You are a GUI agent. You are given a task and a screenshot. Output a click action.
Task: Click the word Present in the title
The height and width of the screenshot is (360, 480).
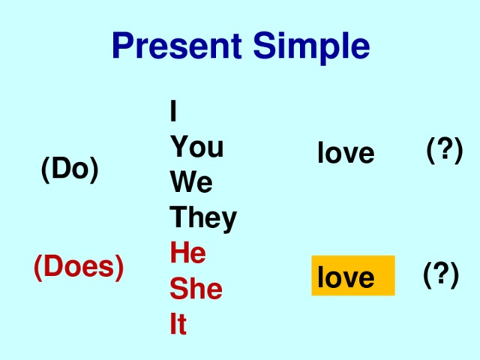(x=177, y=45)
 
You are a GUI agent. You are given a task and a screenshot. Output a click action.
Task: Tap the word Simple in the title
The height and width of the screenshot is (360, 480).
(x=312, y=48)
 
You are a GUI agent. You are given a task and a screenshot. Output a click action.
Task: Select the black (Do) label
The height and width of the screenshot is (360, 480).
(x=70, y=169)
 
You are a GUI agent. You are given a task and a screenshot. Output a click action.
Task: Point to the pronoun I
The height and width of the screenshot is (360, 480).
(x=173, y=110)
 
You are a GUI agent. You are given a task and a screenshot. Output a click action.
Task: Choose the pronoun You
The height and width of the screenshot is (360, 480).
(x=196, y=147)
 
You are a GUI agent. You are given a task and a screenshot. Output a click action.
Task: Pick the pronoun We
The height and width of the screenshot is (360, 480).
(x=191, y=181)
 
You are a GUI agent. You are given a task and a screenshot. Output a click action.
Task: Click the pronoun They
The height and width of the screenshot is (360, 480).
(x=203, y=219)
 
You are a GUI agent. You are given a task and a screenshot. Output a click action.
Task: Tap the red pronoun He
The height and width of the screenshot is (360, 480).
(x=188, y=253)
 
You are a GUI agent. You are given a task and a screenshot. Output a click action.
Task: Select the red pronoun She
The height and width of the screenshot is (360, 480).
(x=196, y=288)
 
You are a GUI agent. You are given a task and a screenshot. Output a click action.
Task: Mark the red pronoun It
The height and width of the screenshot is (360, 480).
(x=178, y=323)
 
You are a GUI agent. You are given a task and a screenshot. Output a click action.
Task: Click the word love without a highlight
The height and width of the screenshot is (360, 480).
(x=346, y=152)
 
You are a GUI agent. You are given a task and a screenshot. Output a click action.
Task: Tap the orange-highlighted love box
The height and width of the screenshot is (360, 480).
(x=353, y=275)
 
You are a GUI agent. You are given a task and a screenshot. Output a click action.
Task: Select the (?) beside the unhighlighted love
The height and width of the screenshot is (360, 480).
(x=445, y=150)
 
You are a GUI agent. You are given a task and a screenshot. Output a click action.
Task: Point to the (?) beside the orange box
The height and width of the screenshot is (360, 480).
(x=441, y=275)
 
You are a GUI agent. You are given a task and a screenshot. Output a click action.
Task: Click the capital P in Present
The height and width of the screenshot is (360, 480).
(x=123, y=45)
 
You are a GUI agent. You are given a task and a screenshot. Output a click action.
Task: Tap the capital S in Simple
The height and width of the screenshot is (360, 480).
(x=265, y=45)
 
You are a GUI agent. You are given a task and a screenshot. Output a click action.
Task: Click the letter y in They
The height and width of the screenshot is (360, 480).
(x=228, y=222)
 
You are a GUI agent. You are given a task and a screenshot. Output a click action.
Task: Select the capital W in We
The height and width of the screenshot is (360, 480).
(x=183, y=181)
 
